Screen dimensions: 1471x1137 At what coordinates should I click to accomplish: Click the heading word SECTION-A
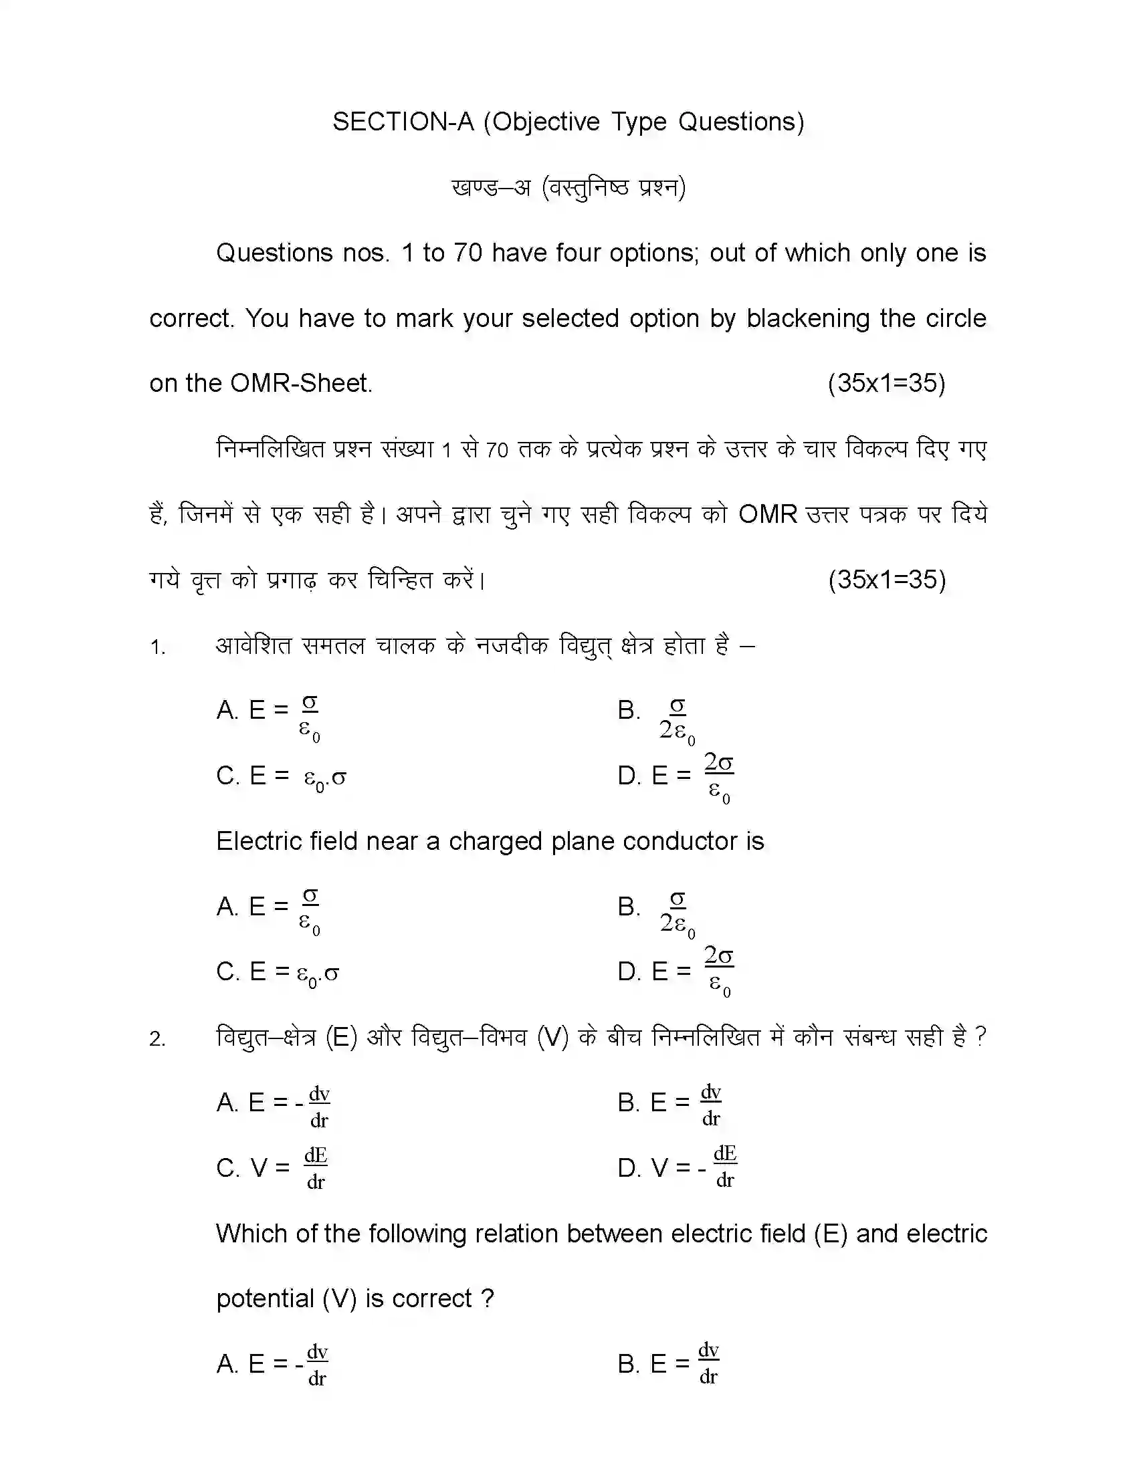tap(403, 122)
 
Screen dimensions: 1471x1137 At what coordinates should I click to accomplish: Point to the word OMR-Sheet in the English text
tap(300, 383)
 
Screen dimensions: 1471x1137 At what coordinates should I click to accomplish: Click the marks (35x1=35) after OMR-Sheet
tap(886, 383)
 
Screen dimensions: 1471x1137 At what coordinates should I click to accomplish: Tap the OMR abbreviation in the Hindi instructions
tap(767, 515)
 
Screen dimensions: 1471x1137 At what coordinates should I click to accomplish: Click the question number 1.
tap(157, 647)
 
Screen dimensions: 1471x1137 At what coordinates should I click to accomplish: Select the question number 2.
tap(157, 1039)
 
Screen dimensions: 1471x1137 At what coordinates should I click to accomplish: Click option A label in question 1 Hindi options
tap(227, 710)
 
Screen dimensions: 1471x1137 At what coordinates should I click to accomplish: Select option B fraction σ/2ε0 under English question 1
tap(677, 913)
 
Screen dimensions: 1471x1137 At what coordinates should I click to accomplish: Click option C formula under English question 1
tap(278, 972)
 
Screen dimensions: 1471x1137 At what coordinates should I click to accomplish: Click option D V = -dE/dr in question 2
tap(677, 1167)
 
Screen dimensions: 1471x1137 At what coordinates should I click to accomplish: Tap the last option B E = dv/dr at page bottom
tap(668, 1363)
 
